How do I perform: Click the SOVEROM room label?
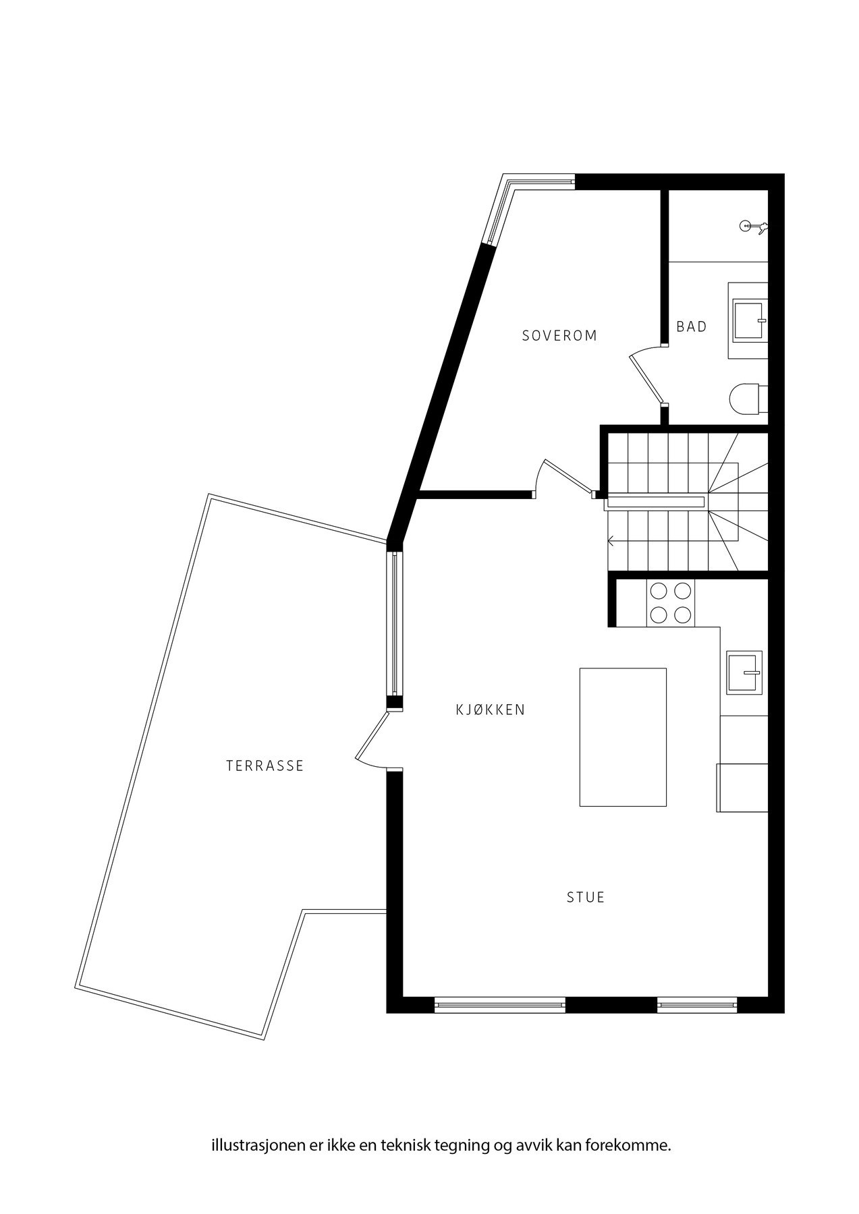[x=559, y=335]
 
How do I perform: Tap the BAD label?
[x=692, y=327]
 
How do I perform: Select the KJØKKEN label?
[x=491, y=710]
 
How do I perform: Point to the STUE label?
[x=586, y=897]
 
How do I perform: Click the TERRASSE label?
[x=265, y=765]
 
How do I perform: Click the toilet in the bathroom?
[x=748, y=399]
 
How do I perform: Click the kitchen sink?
[x=744, y=672]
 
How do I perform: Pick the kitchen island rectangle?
[x=623, y=737]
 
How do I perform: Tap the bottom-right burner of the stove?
[x=682, y=614]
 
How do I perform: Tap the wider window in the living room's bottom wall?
[x=500, y=1004]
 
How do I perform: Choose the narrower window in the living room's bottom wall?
[x=697, y=1004]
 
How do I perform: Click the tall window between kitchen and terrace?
[x=395, y=625]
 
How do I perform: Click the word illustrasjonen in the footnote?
[x=248, y=1145]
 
